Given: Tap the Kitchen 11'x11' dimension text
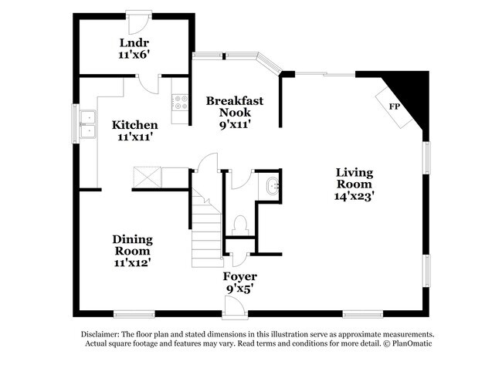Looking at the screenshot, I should [x=135, y=137].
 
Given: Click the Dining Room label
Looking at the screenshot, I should [x=133, y=245].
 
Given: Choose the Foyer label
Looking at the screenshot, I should [x=240, y=276].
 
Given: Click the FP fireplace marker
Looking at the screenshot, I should [x=394, y=106].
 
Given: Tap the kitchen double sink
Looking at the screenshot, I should [x=87, y=124].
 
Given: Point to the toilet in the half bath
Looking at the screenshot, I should [x=239, y=225].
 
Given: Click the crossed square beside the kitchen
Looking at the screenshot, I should [x=147, y=177].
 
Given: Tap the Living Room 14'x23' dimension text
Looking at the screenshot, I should [x=354, y=196].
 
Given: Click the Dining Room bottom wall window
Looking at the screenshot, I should [x=134, y=313].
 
